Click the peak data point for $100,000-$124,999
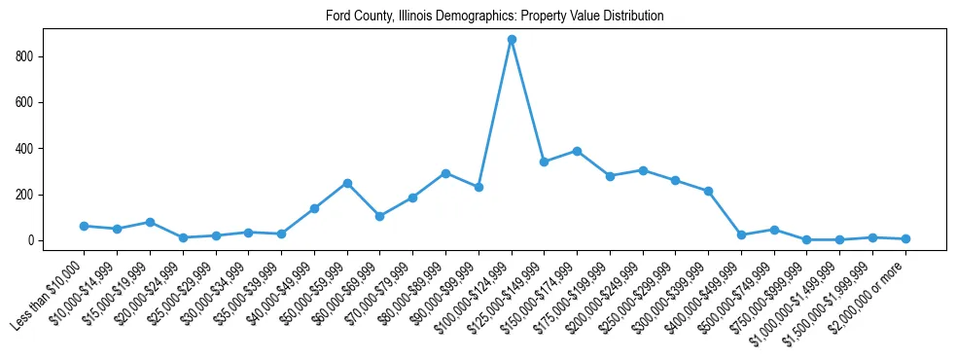pyautogui.click(x=512, y=40)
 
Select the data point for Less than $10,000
pyautogui.click(x=85, y=226)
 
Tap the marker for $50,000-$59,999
pyautogui.click(x=347, y=183)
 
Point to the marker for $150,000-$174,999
pyautogui.click(x=577, y=151)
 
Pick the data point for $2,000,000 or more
pyautogui.click(x=905, y=238)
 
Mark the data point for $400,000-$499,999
pyautogui.click(x=741, y=234)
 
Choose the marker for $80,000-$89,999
pyautogui.click(x=445, y=173)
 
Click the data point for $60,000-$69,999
pyautogui.click(x=380, y=216)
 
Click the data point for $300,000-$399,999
pyautogui.click(x=708, y=191)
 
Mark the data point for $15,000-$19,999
pyautogui.click(x=150, y=222)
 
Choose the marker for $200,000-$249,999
pyautogui.click(x=643, y=170)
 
